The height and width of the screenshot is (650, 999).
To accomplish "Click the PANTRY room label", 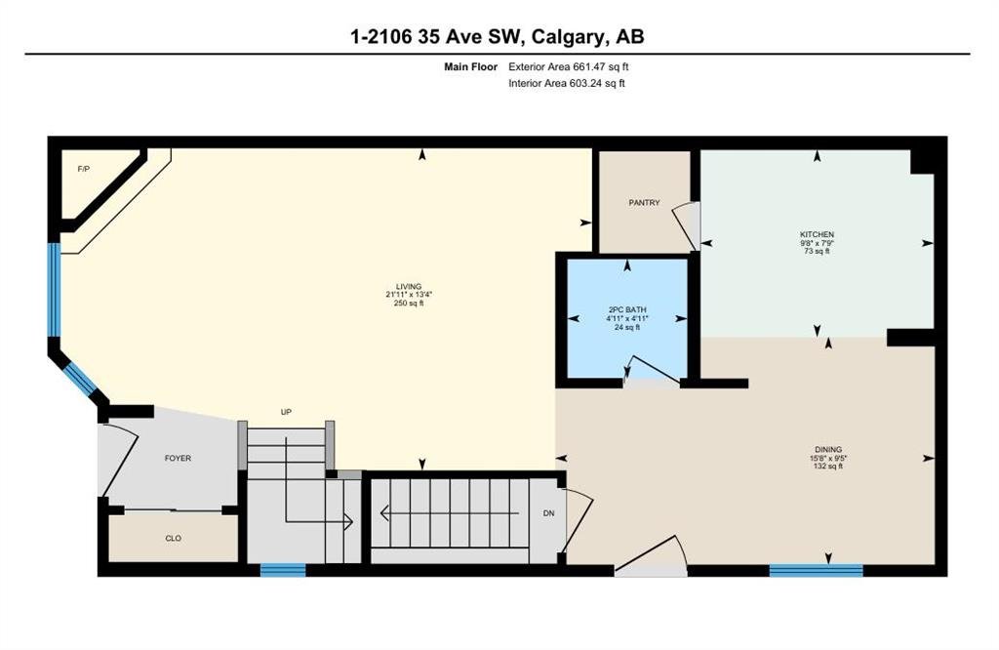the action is (644, 203).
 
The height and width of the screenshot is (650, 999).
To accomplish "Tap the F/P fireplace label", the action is (84, 169).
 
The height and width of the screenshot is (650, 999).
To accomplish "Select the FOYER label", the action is (178, 458).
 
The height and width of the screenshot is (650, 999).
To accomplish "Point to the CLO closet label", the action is (174, 539).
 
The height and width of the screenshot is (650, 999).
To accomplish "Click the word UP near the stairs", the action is (286, 412).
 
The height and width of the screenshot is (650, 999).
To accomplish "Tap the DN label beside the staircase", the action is (548, 513).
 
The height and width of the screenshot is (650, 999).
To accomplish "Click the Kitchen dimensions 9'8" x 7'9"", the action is (817, 243).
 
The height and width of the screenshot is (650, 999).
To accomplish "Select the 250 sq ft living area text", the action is (409, 304).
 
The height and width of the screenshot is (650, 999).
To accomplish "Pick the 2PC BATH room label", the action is (627, 309).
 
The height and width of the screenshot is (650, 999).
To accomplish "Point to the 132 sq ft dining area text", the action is (828, 466).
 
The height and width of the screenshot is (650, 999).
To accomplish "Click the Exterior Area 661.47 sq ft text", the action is (569, 66).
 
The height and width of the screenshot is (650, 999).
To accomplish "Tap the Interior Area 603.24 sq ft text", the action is (567, 83).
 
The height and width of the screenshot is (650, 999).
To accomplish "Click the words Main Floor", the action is (471, 66).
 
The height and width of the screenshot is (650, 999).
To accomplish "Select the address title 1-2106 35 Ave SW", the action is (436, 36).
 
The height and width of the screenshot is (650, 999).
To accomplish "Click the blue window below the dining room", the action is (817, 570).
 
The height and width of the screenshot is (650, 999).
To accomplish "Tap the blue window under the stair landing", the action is (283, 570).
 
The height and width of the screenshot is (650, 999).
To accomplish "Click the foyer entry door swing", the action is (121, 459).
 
